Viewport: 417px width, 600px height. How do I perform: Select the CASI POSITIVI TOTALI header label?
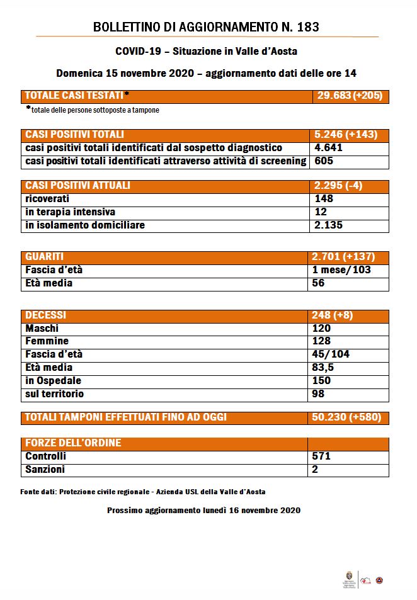pyautogui.click(x=74, y=135)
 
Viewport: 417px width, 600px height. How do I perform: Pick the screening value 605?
pyautogui.click(x=323, y=161)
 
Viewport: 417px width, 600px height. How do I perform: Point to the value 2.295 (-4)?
pyautogui.click(x=338, y=186)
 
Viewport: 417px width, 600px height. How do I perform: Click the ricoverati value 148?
pyautogui.click(x=323, y=199)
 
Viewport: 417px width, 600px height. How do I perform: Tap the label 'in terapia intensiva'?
pyautogui.click(x=70, y=212)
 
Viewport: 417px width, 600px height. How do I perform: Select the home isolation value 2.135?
pyautogui.click(x=328, y=225)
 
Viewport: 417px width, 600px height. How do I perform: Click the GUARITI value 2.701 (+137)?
pyautogui.click(x=343, y=257)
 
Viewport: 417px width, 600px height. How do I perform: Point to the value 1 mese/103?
pyautogui.click(x=342, y=270)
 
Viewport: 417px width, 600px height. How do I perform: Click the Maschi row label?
pyautogui.click(x=42, y=329)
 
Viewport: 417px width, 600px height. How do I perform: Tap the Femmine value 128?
pyautogui.click(x=322, y=342)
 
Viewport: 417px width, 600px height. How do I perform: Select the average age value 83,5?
pyautogui.click(x=325, y=368)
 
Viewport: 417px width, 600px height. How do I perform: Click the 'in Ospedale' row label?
pyautogui.click(x=54, y=381)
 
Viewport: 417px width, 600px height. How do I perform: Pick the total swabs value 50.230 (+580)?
pyautogui.click(x=346, y=417)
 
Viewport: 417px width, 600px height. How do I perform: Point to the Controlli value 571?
pyautogui.click(x=322, y=456)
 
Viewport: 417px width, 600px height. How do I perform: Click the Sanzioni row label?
pyautogui.click(x=45, y=470)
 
